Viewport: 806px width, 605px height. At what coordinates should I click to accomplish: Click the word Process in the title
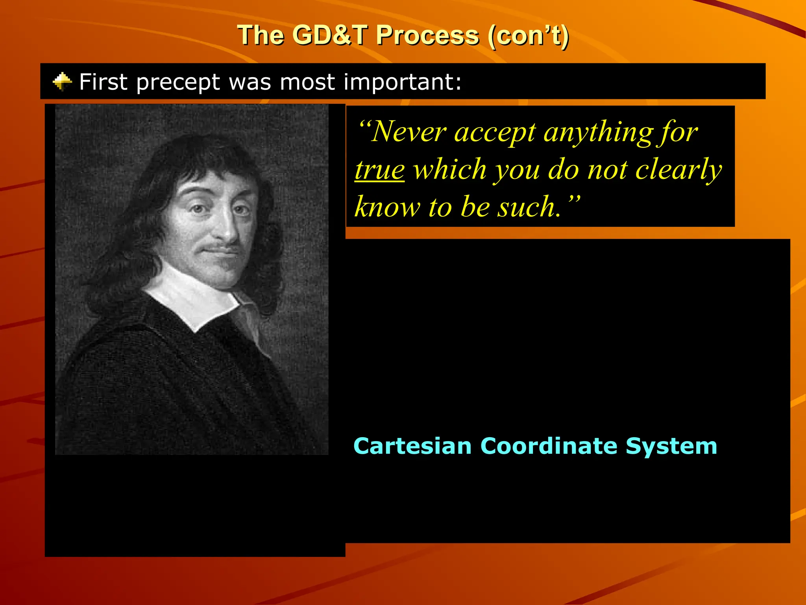tap(427, 35)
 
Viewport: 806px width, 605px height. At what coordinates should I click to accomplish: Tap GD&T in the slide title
tap(330, 35)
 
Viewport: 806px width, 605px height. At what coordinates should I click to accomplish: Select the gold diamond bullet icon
tap(62, 82)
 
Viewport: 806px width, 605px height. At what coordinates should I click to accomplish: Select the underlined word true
tap(379, 170)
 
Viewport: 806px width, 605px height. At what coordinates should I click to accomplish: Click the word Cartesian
tap(412, 446)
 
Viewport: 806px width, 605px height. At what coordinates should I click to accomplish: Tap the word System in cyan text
tap(671, 446)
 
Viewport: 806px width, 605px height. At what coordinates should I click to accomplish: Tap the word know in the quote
tap(387, 207)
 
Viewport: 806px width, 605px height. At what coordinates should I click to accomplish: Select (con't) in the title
tap(528, 35)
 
